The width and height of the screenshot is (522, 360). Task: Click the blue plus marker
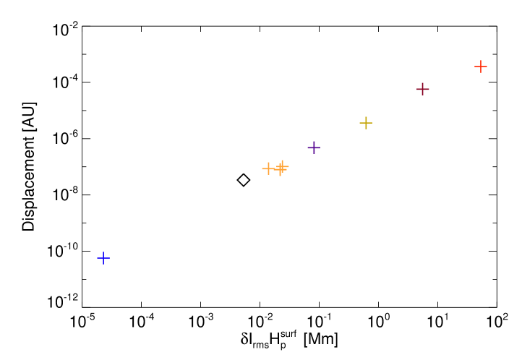103,258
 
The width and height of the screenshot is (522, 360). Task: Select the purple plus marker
314,147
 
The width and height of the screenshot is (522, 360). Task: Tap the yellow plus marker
366,123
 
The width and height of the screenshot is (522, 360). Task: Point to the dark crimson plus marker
423,89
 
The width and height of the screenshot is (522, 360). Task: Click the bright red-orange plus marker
481,67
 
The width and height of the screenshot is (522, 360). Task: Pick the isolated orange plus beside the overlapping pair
268,168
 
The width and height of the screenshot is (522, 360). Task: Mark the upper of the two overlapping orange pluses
283,166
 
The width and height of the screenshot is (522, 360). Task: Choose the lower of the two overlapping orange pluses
280,170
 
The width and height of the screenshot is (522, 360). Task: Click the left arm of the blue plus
99,258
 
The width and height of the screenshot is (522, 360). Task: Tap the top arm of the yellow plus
366,119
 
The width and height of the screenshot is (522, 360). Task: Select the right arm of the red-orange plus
485,67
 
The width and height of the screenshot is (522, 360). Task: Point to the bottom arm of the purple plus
314,152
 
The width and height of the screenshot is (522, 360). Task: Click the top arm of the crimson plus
423,85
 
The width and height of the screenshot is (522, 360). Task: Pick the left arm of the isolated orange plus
264,168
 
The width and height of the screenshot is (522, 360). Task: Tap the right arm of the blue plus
108,258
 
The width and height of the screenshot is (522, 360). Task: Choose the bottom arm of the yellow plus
366,127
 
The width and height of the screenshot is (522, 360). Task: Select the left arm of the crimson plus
419,89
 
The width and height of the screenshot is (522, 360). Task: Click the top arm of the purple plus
314,143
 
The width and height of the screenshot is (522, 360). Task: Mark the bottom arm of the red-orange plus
481,71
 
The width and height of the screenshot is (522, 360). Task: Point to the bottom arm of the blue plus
103,262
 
